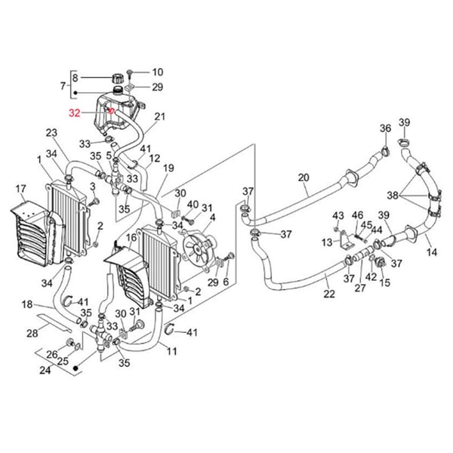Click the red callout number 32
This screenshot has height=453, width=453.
click(x=74, y=113)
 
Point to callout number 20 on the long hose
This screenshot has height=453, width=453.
click(x=304, y=178)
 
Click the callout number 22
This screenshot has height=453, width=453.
click(x=329, y=294)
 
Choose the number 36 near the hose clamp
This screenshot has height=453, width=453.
click(x=386, y=129)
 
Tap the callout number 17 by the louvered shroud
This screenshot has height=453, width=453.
click(x=21, y=188)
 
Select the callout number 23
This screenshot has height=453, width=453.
click(x=51, y=134)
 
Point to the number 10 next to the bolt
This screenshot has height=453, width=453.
click(x=158, y=72)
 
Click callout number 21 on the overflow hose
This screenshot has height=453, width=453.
click(x=159, y=116)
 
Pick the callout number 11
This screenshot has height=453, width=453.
click(x=172, y=352)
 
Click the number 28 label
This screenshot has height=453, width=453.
click(x=32, y=332)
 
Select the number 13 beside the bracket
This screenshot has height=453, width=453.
click(x=326, y=242)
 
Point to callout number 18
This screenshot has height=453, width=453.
click(x=26, y=304)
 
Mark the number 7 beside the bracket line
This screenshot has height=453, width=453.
click(x=63, y=87)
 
